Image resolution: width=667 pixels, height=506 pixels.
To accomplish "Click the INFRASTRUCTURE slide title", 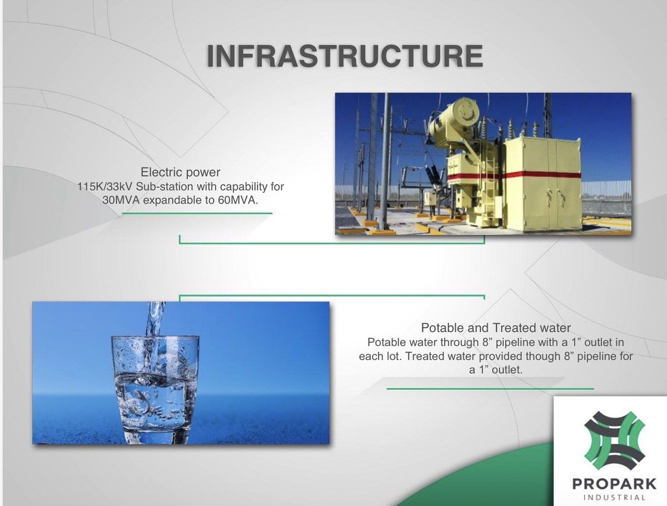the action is coord(345,56).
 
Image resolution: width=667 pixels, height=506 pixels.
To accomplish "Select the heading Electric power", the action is coord(181,172).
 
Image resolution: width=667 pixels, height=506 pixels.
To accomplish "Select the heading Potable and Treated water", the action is coord(496,328).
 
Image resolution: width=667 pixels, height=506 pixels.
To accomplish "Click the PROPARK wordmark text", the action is coord(614,484).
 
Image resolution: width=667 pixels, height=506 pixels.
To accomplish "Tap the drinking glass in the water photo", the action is coord(155,390).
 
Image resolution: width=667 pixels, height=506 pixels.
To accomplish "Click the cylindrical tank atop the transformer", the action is coord(454,120).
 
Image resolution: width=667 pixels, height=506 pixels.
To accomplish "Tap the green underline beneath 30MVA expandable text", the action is coord(197,214).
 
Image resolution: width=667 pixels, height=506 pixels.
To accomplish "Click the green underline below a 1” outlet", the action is coord(490,389).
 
